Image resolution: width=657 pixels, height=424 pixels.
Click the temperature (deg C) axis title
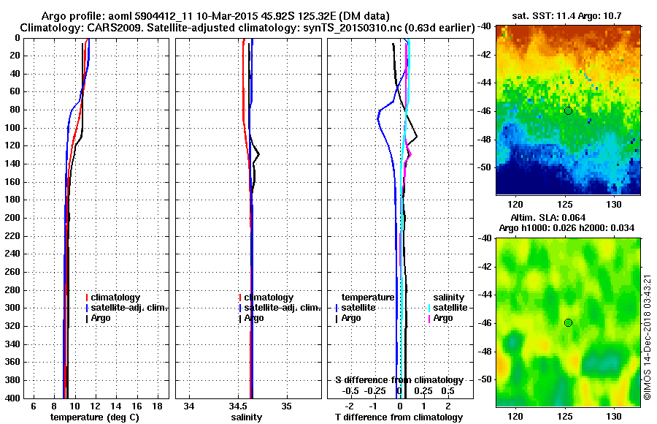click(x=94, y=417)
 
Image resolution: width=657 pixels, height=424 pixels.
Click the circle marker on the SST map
click(x=568, y=110)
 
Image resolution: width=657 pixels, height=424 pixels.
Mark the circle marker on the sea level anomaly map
click(x=568, y=322)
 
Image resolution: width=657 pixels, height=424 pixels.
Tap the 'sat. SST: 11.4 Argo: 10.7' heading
click(x=569, y=15)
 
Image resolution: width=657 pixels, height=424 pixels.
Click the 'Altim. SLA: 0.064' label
click(x=569, y=217)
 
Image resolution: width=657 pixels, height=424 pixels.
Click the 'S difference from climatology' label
click(x=399, y=380)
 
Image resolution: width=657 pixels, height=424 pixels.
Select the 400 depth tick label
click(x=13, y=398)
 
